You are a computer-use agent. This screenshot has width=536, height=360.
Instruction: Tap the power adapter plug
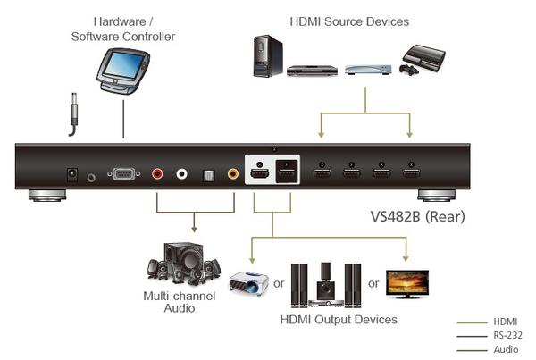click(x=72, y=115)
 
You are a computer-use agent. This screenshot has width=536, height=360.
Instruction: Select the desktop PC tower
click(x=265, y=56)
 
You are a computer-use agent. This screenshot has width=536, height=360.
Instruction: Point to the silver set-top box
click(x=363, y=69)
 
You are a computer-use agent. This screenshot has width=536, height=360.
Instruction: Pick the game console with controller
click(x=421, y=61)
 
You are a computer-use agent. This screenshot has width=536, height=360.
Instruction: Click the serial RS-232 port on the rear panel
click(x=122, y=175)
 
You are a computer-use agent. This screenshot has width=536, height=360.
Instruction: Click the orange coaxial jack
click(x=234, y=175)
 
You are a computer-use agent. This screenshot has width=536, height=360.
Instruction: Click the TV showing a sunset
click(x=406, y=282)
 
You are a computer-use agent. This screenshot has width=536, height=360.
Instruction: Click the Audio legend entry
click(x=505, y=350)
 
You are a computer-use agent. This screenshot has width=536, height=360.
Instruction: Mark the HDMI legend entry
click(x=506, y=321)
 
